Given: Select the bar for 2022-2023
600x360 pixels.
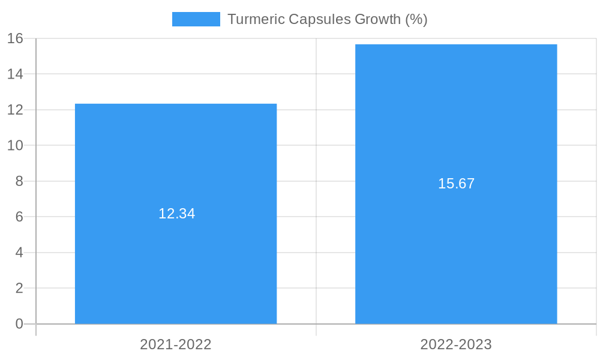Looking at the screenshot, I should [456, 252].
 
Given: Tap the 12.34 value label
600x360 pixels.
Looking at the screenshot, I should [176, 214].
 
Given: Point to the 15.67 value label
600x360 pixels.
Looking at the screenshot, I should [456, 184].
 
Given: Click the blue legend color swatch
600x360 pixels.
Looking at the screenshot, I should [196, 19].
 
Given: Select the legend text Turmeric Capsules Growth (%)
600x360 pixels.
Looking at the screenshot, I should [327, 19].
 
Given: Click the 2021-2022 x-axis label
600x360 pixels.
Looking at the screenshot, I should [176, 344].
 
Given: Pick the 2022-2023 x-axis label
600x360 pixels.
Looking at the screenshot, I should [456, 344].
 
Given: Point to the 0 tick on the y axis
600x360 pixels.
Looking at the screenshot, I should [19, 324].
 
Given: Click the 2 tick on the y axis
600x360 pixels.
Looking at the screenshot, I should [19, 288].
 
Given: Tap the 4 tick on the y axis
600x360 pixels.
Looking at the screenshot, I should [19, 253].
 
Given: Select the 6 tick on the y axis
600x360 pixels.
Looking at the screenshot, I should [19, 217].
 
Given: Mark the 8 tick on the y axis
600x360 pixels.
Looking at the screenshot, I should [19, 181].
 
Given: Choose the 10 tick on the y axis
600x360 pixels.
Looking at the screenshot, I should [16, 145].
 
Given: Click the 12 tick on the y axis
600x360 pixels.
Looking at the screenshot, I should [16, 110].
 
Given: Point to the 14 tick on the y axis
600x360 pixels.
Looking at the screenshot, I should [16, 74].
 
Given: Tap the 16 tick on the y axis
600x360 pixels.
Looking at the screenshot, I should [16, 38].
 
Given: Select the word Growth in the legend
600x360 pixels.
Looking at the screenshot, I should [377, 19].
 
